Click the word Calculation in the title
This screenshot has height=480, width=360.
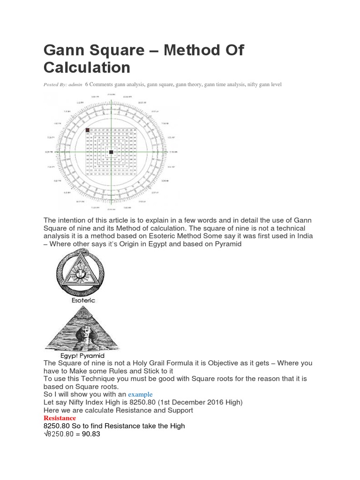87,67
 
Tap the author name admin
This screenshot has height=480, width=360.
75,84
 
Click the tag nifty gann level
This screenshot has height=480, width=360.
264,84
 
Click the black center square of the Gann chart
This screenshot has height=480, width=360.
111,152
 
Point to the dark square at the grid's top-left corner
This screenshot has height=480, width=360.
87,130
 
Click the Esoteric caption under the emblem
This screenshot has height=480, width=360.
83,300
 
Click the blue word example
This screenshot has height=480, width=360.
141,395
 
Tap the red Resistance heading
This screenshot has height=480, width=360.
60,418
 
